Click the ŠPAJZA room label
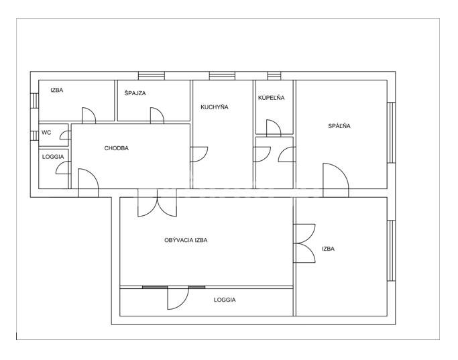point(135,93)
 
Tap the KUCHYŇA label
point(215,107)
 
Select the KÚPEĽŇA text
point(271,97)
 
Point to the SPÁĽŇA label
point(339,126)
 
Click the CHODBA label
point(116,148)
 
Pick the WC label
point(46,132)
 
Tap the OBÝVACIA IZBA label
point(186,240)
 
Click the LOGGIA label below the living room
point(225,300)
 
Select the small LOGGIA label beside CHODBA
point(53,157)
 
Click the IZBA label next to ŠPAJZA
point(57,90)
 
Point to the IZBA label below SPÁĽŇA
point(328,249)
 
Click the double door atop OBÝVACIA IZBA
point(157,202)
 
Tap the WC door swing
point(66,135)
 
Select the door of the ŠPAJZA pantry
point(157,115)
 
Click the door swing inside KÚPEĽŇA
point(274,127)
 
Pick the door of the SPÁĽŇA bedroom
point(335,180)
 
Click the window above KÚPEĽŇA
point(274,76)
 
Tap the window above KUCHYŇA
point(222,76)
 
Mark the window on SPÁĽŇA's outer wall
point(391,132)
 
